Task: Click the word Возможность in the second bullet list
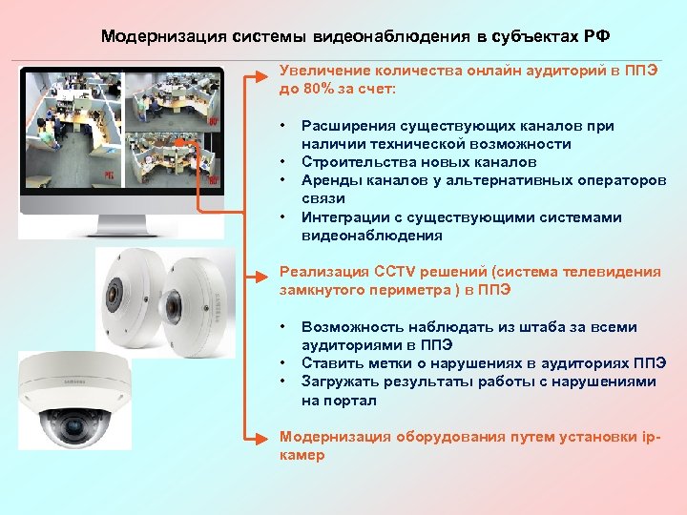(350, 327)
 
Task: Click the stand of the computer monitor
(121, 227)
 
